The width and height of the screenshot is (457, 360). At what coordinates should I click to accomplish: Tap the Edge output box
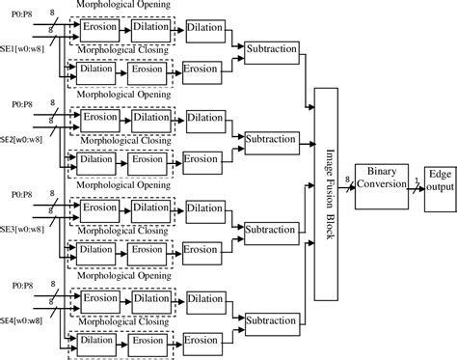439,178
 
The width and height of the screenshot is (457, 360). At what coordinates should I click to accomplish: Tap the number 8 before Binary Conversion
347,168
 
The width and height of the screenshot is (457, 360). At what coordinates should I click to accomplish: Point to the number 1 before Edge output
416,171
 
